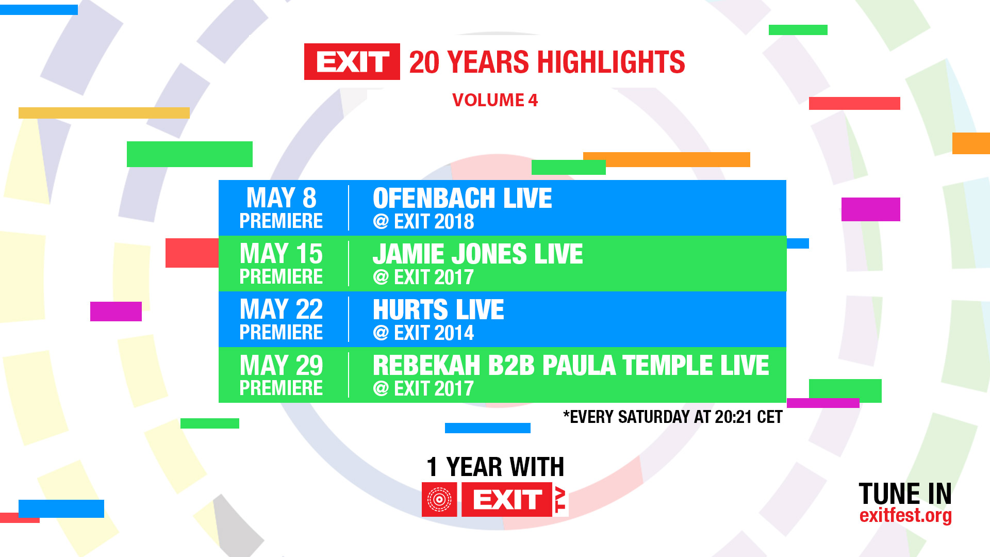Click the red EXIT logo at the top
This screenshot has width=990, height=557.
[x=352, y=62]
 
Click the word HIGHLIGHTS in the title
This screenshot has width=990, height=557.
[x=611, y=62]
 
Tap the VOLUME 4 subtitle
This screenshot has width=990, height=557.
[x=495, y=100]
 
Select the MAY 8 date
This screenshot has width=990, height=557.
[x=282, y=198]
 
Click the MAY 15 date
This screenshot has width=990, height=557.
[x=282, y=254]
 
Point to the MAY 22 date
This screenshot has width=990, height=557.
[x=282, y=309]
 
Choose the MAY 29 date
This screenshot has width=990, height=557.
[x=282, y=365]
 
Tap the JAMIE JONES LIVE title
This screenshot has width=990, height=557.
[x=478, y=254]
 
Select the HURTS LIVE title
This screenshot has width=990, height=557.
[x=438, y=309]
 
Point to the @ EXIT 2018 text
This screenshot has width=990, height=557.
[x=423, y=222]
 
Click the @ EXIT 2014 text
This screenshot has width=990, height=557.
[x=423, y=333]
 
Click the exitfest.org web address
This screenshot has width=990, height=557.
[x=905, y=515]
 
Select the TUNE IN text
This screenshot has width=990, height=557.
[x=905, y=494]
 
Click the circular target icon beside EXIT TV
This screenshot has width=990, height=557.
[x=439, y=499]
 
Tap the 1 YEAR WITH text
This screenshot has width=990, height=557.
[x=495, y=467]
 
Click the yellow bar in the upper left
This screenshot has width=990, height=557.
[x=104, y=113]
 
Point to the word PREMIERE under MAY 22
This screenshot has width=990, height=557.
[x=282, y=333]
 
